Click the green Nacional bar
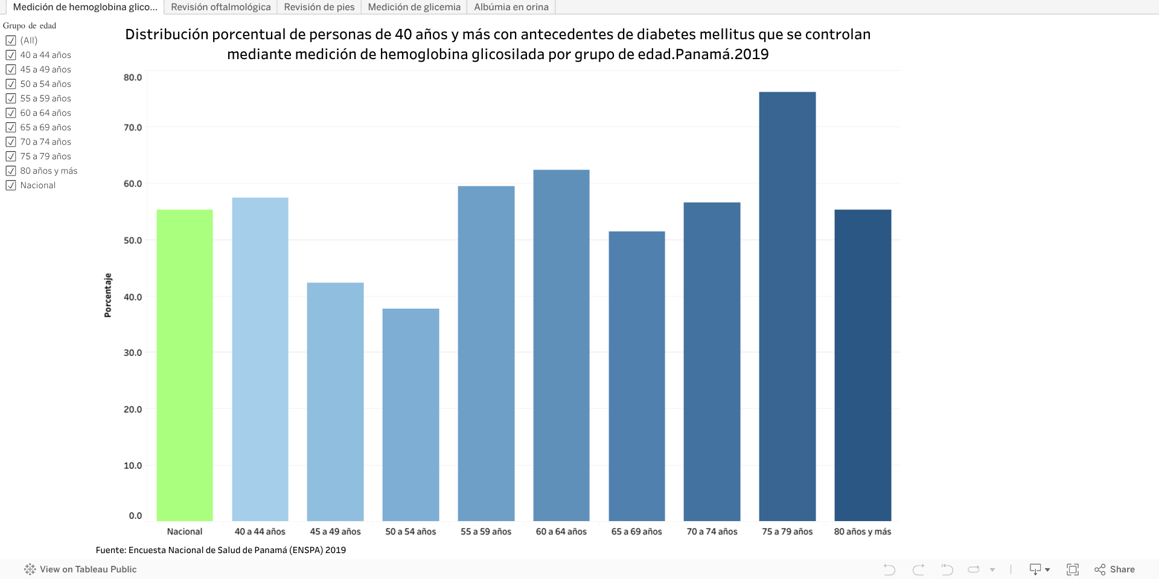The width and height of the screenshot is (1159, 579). (185, 365)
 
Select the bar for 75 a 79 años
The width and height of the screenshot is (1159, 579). (787, 306)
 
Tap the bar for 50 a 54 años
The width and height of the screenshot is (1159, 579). (410, 414)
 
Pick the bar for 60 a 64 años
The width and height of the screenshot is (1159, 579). (561, 345)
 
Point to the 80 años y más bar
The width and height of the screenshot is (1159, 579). (863, 365)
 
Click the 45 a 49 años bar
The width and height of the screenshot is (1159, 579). (335, 401)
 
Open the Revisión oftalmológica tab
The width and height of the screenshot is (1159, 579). (220, 7)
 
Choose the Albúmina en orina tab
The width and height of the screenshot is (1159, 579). (511, 7)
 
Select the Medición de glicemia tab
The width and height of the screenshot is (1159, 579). (414, 7)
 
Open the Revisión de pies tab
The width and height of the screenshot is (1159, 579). (319, 7)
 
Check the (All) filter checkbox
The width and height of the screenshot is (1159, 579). (11, 40)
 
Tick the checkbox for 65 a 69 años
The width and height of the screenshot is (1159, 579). (11, 127)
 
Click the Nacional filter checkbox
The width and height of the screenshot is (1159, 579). (11, 185)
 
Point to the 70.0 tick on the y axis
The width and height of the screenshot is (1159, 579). (133, 127)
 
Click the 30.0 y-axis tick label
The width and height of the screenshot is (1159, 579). (133, 353)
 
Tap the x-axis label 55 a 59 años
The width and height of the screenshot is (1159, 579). (486, 531)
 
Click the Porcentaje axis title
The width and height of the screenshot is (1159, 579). (108, 295)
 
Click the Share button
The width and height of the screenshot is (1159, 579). (1115, 569)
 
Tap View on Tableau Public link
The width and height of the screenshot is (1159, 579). (81, 569)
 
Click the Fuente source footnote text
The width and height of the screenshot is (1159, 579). (221, 550)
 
